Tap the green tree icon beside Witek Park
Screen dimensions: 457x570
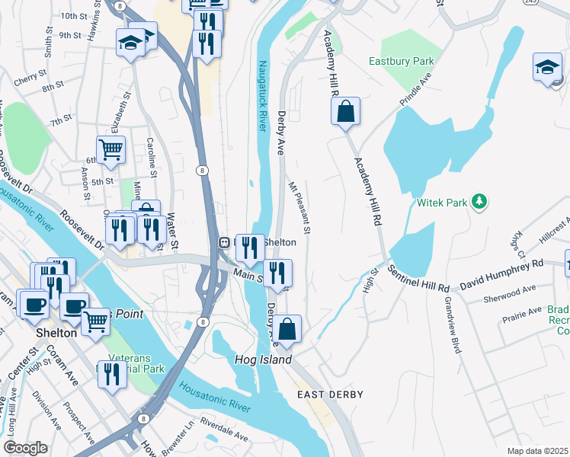coord(479,202)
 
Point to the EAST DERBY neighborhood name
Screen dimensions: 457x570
coord(330,395)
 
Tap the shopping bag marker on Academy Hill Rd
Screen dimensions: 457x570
coord(345,111)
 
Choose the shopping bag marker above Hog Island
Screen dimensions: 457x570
coord(287,329)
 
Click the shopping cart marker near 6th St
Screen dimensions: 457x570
coord(110,149)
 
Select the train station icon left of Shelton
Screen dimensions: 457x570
coord(225,242)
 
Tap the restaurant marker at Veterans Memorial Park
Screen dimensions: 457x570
coord(112,374)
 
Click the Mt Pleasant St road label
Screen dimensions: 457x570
coord(299,207)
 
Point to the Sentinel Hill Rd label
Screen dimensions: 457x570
coord(418,279)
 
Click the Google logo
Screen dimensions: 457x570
coord(26,447)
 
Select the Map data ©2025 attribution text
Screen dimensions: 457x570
coord(536,451)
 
